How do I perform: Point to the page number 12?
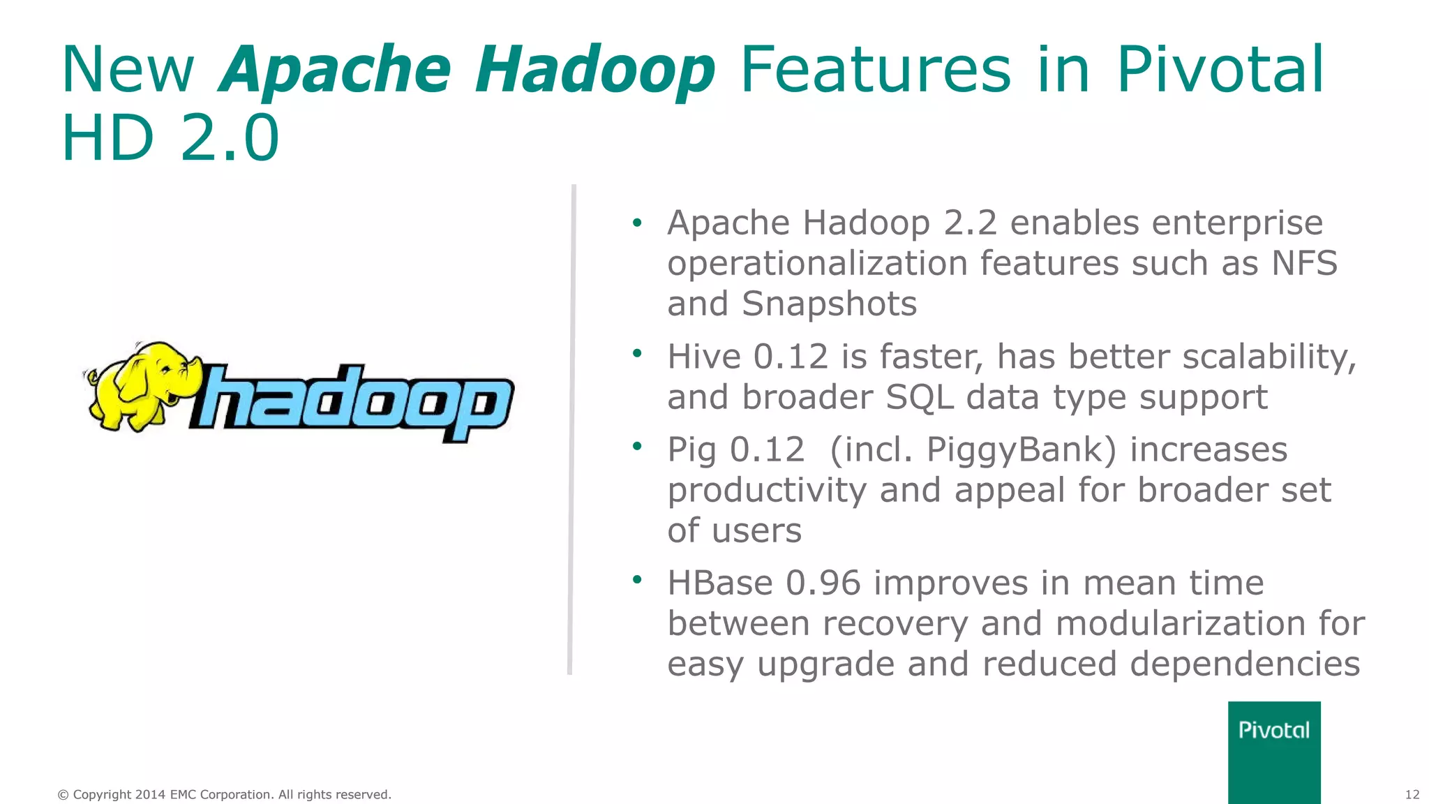click(x=1412, y=794)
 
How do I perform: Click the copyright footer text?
click(x=224, y=794)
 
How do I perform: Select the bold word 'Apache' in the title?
click(x=336, y=70)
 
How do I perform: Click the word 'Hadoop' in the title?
click(x=595, y=70)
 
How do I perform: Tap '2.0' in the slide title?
click(x=230, y=137)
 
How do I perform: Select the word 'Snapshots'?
click(x=829, y=304)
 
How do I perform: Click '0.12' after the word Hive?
click(x=790, y=357)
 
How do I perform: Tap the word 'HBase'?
click(x=719, y=583)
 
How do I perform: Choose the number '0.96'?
click(x=823, y=583)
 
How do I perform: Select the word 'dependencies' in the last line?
click(x=1245, y=664)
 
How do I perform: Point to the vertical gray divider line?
click(x=571, y=429)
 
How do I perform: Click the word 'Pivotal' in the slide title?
click(x=1220, y=70)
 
